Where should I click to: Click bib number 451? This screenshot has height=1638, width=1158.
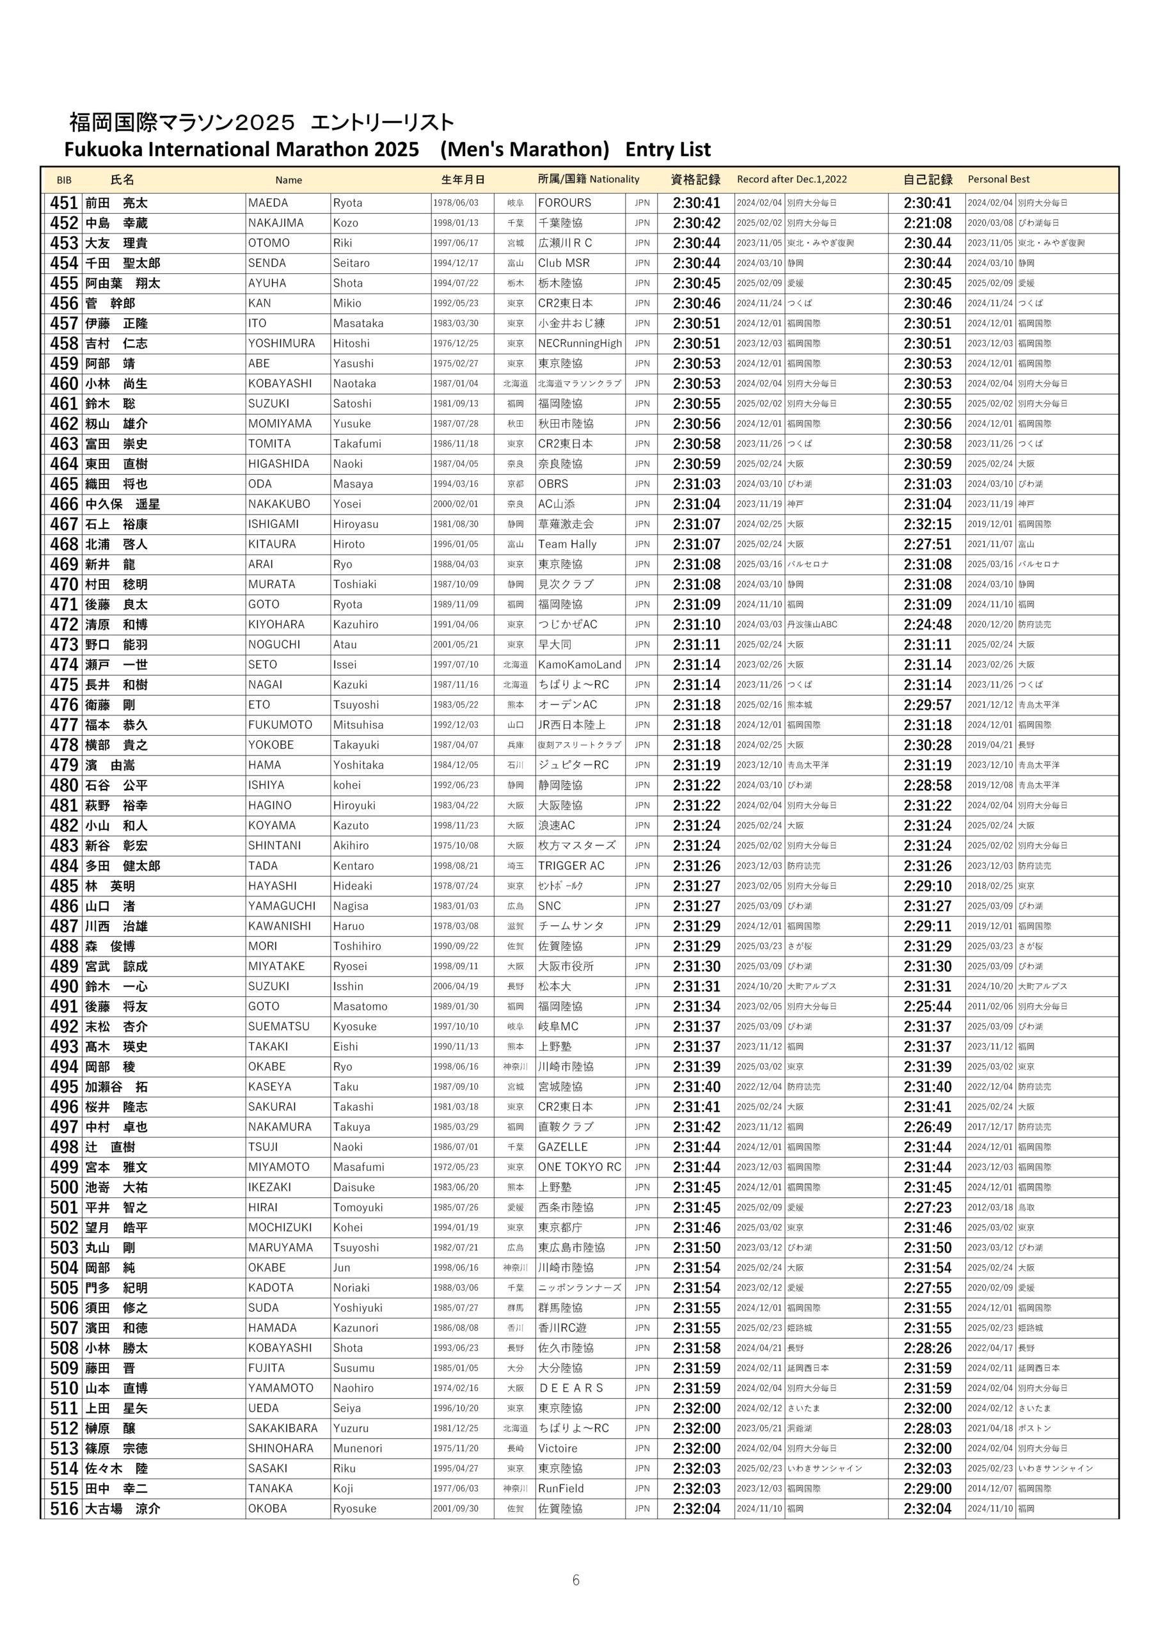click(63, 203)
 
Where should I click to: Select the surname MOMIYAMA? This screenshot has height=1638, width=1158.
click(280, 424)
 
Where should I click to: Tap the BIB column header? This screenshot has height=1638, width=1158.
click(64, 180)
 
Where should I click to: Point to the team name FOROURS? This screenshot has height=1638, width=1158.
click(564, 203)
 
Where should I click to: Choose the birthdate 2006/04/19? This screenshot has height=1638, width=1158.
click(456, 987)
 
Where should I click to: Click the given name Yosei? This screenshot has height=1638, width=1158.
click(347, 504)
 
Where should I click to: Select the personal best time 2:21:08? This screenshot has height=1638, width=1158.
click(927, 223)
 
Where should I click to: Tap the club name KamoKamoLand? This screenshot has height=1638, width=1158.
click(580, 665)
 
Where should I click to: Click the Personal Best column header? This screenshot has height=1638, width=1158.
click(998, 180)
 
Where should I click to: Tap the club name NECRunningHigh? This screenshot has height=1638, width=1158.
click(580, 344)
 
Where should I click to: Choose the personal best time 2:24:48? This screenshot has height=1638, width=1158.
click(927, 625)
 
